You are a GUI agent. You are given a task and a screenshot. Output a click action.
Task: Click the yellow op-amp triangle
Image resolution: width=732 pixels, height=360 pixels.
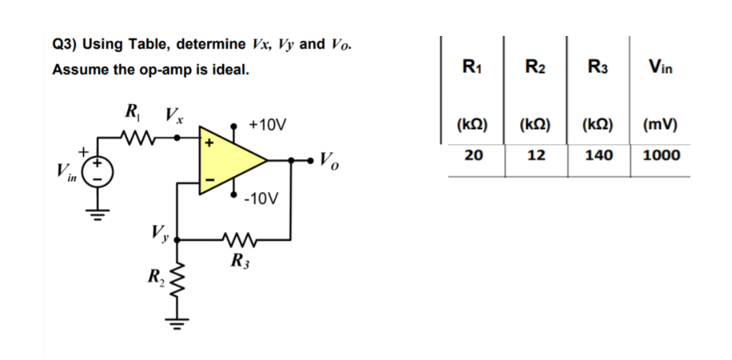(x=228, y=162)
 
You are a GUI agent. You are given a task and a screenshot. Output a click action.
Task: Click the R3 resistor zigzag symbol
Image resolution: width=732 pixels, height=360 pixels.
(x=235, y=239)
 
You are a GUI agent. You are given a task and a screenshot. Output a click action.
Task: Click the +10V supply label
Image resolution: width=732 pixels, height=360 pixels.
(x=267, y=125)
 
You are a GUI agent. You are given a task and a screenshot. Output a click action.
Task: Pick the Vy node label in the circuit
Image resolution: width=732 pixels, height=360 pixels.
(x=159, y=232)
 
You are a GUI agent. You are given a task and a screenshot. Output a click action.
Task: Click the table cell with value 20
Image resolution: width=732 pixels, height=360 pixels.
(x=472, y=154)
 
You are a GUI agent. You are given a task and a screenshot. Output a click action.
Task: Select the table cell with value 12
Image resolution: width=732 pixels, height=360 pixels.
(x=535, y=154)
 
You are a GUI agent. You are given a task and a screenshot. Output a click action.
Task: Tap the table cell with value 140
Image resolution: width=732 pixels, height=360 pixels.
(x=598, y=154)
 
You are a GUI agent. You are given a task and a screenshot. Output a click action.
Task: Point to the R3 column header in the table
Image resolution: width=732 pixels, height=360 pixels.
(x=598, y=68)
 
